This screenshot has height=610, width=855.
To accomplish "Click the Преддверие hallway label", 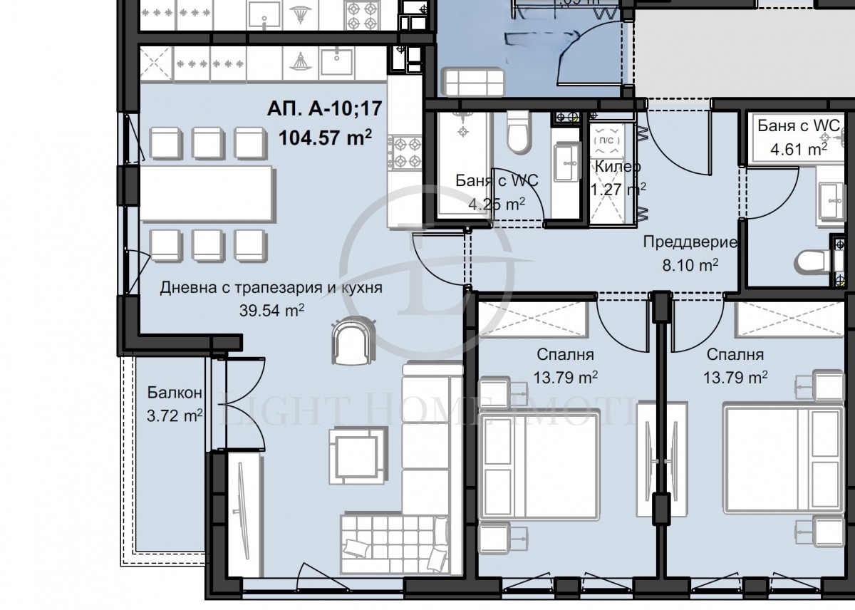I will [x=690, y=242].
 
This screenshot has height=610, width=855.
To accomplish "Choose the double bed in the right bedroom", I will [x=779, y=457].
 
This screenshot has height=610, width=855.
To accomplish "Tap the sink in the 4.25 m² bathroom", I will [x=568, y=163].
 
